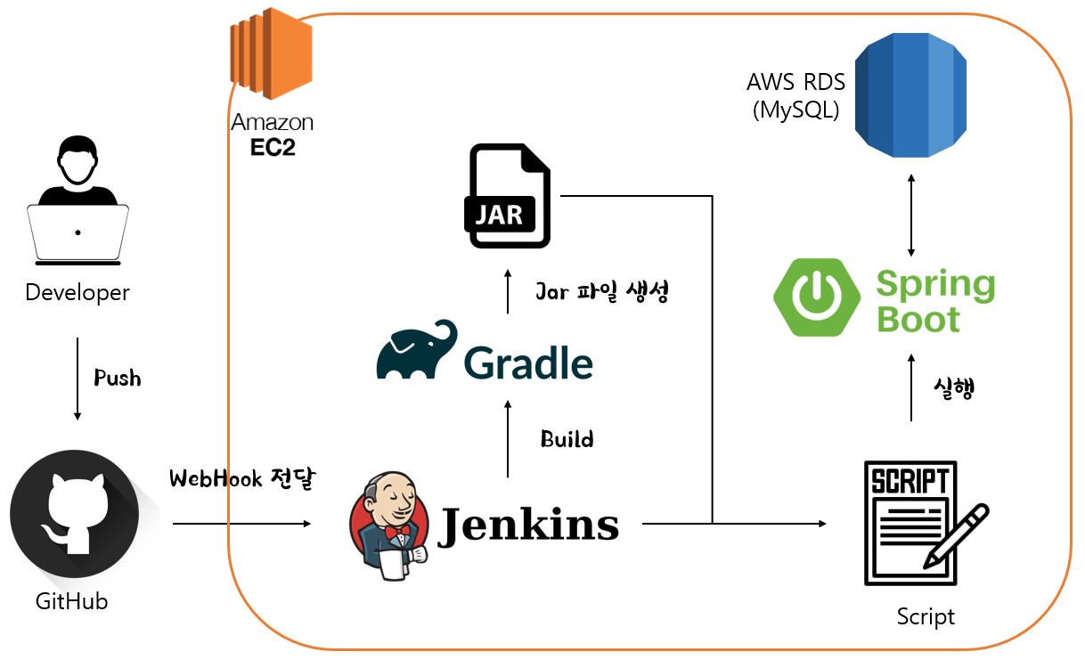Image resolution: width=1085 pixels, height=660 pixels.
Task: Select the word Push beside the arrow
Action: coord(118,378)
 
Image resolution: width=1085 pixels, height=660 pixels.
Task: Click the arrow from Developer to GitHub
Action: coord(77,379)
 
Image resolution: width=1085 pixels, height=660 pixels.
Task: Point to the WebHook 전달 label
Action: coord(243,479)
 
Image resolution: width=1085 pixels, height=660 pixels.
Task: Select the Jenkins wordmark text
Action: coord(528,525)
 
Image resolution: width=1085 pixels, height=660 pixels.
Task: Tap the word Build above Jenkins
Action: coord(567,439)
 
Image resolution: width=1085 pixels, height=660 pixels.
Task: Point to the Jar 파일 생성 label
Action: coord(601,292)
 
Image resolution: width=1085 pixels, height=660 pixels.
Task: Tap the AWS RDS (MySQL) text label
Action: coord(795,97)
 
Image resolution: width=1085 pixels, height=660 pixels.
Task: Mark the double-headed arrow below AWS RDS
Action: coord(910,215)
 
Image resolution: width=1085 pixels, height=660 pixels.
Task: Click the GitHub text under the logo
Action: coord(71,602)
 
